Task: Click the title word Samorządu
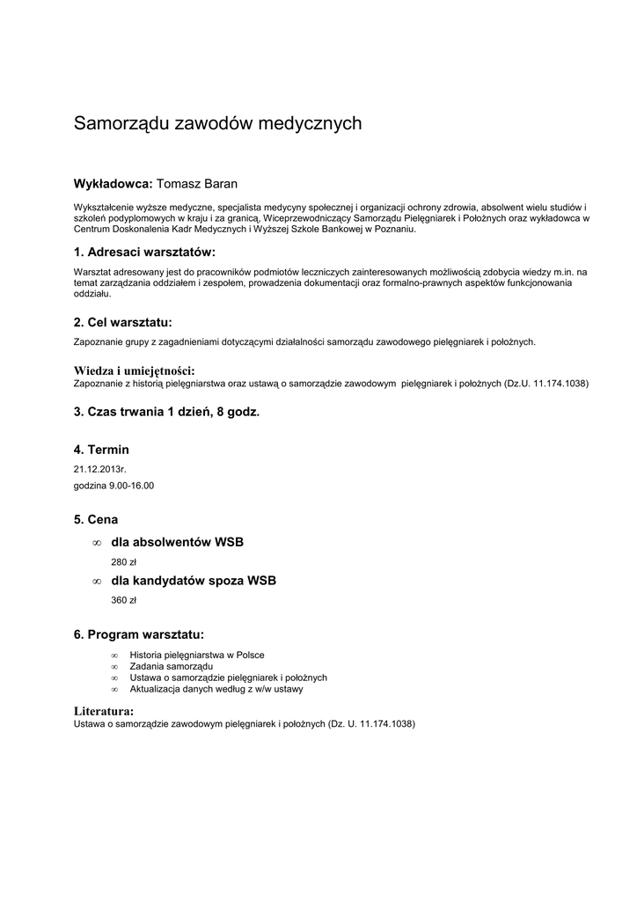tap(121, 124)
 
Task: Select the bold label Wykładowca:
tap(113, 184)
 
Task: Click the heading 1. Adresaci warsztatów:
tap(144, 253)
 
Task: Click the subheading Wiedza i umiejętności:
tap(134, 370)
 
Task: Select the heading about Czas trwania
tap(166, 412)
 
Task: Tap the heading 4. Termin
tap(101, 450)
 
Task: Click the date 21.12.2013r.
tap(100, 469)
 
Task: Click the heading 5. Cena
tap(96, 520)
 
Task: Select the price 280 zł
tap(124, 561)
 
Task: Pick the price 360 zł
tap(124, 600)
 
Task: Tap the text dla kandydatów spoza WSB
tap(194, 581)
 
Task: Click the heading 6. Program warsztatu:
tap(139, 634)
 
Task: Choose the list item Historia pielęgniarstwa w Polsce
tap(196, 655)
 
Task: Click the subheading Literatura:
tap(104, 710)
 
